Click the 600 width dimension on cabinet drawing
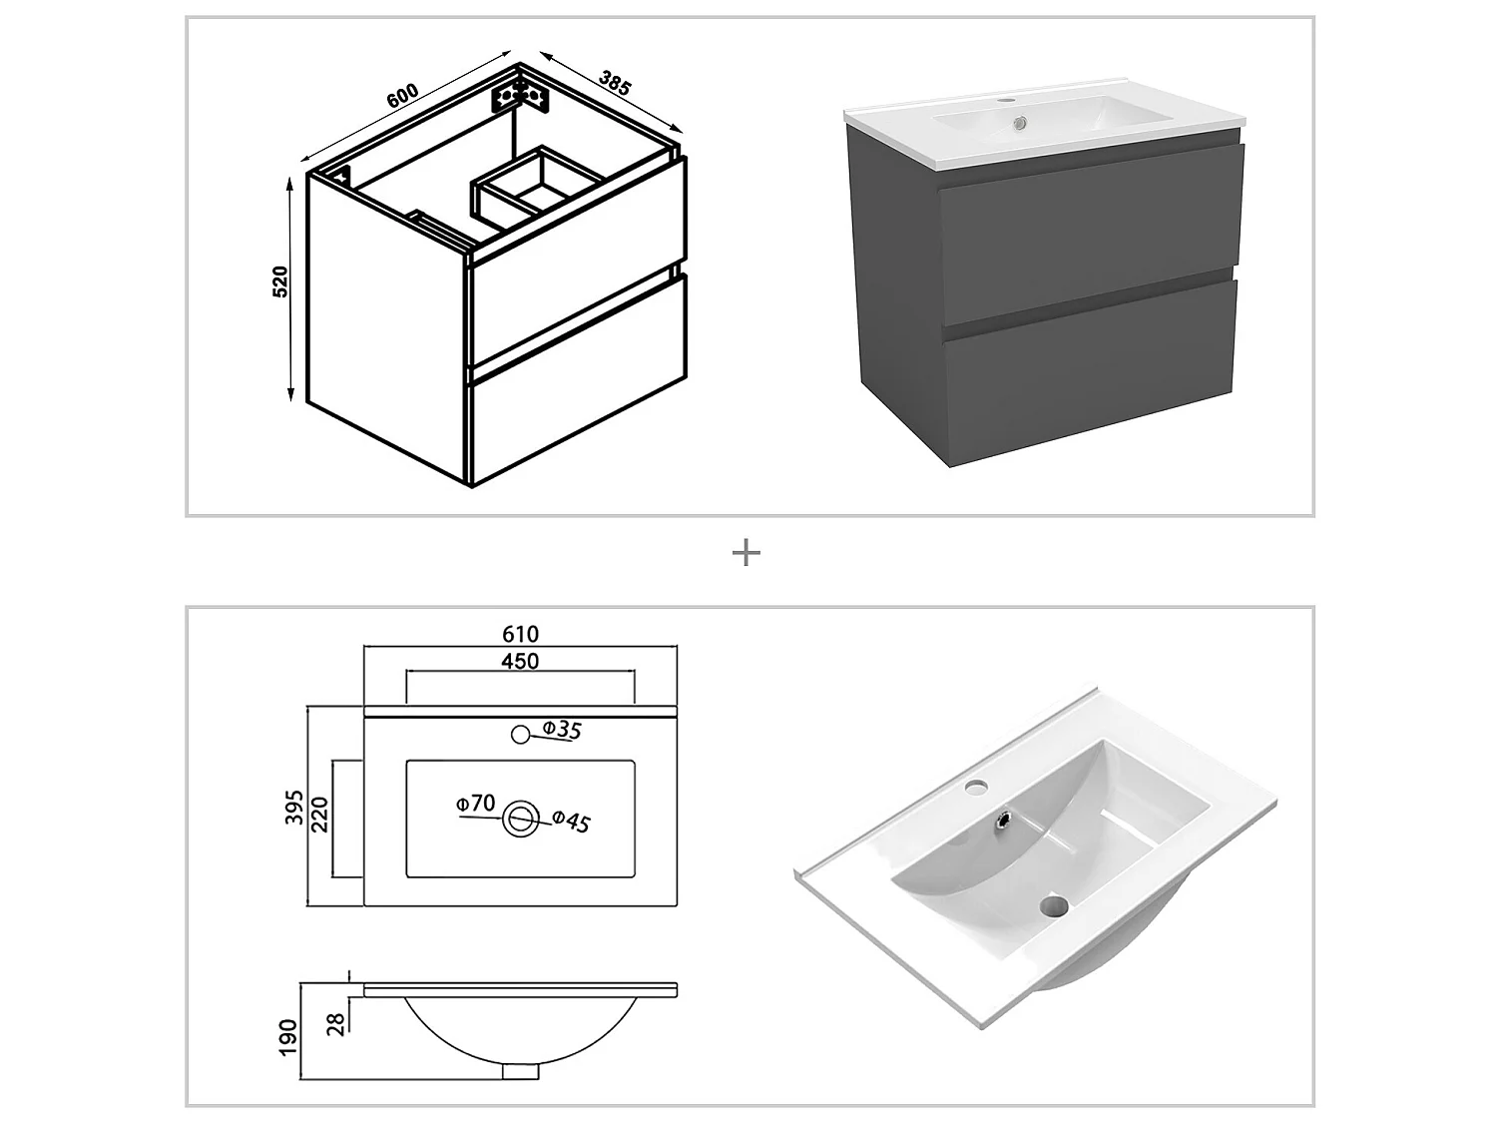401,97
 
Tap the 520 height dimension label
280,281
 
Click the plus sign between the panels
747,553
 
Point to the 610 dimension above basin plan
520,634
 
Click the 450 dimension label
520,661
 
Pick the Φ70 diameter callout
476,803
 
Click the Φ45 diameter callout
571,821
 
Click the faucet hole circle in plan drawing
519,736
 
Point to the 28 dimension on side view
337,1023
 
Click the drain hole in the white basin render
1053,907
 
